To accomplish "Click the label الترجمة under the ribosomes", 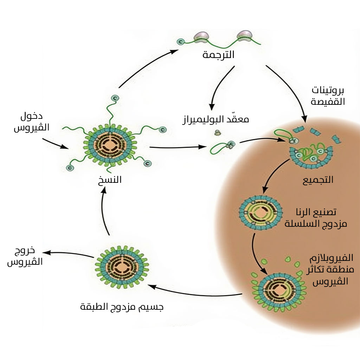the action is (218, 54).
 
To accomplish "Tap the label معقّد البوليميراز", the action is (216, 119).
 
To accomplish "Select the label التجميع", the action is (318, 180).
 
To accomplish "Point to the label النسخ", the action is (110, 180).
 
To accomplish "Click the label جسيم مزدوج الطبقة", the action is (122, 307).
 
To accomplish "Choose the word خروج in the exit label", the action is (25, 251).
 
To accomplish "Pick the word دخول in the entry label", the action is (31, 117).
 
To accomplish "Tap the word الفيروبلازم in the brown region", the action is (331, 258).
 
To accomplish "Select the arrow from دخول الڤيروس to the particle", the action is (55, 143).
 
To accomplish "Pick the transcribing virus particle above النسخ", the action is (110, 145).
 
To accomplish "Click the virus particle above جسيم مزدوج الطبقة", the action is (122, 267).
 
